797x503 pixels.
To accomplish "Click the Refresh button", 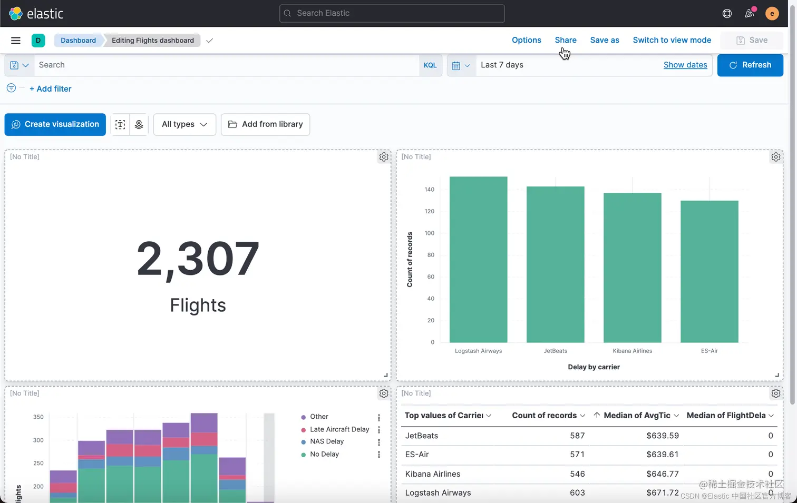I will (750, 65).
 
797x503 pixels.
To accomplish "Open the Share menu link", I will (566, 40).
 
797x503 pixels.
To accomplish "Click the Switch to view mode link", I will (672, 40).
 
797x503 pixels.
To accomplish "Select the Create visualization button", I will (55, 124).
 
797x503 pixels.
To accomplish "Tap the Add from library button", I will (265, 124).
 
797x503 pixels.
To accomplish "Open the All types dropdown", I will (184, 124).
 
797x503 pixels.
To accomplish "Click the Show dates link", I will (685, 65).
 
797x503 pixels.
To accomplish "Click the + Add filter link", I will (51, 89).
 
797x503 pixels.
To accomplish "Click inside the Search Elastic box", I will (392, 13).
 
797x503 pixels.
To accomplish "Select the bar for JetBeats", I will (556, 263).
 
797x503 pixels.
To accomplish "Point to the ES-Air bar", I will (709, 271).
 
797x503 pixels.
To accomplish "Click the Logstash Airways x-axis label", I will (478, 351).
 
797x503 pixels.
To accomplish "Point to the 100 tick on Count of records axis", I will (430, 233).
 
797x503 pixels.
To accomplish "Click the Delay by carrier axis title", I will (594, 367).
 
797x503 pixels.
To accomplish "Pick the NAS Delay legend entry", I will (327, 441).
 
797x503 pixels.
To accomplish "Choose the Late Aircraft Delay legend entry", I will (339, 429).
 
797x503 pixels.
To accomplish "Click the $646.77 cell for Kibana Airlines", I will (663, 474).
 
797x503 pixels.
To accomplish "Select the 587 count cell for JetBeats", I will (577, 436).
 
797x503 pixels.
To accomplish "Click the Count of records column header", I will (545, 416).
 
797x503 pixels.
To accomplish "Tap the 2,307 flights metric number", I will (198, 259).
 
